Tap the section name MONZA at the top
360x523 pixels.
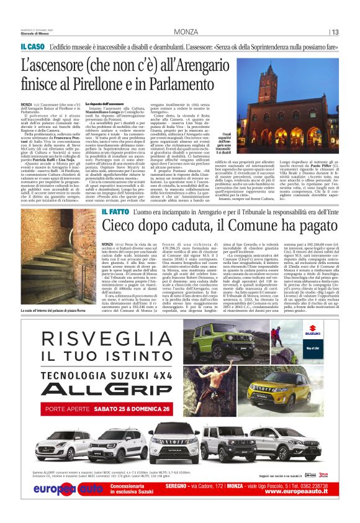tap(186, 32)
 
